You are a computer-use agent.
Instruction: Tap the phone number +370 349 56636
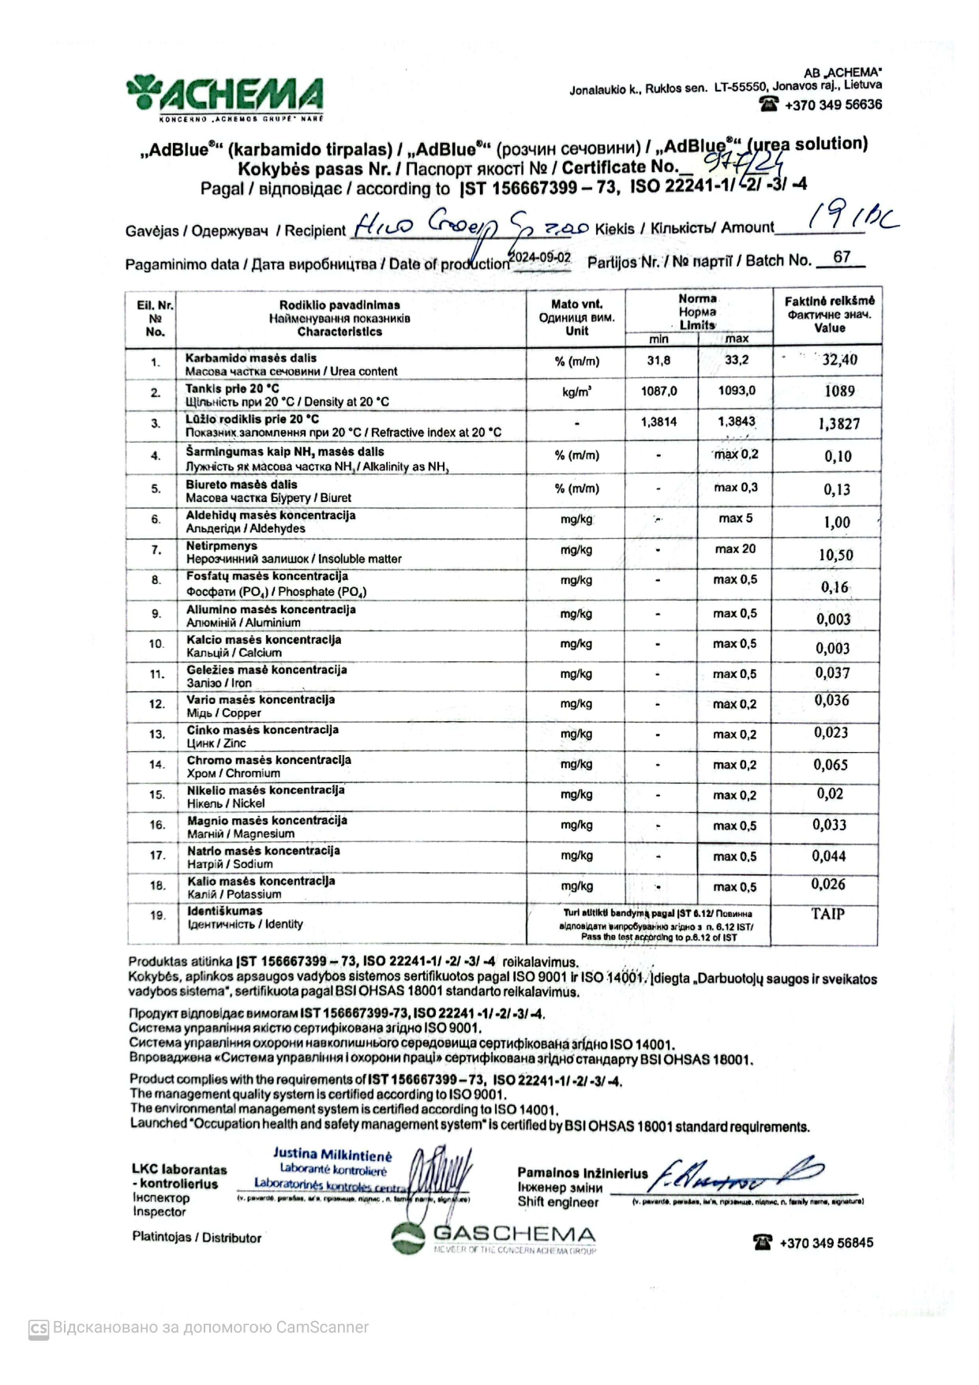(833, 105)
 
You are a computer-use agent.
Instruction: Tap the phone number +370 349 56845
(826, 1243)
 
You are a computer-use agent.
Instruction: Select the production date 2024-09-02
(540, 257)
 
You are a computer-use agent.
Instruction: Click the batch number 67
(842, 257)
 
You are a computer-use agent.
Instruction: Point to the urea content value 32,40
(839, 360)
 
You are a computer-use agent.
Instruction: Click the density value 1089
(839, 391)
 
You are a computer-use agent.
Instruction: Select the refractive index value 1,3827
(838, 424)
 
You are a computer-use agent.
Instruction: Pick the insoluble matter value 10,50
(835, 555)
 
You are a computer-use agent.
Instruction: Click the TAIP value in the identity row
(827, 914)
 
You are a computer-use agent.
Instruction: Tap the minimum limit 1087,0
(659, 391)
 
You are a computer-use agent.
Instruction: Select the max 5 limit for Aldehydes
(735, 518)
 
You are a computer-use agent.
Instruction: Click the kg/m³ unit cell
(576, 391)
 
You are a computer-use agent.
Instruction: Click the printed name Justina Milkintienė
(332, 1155)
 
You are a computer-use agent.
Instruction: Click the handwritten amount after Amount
(853, 219)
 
